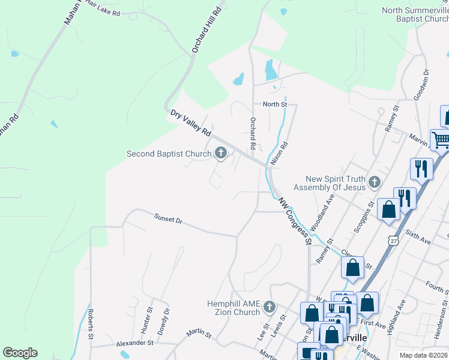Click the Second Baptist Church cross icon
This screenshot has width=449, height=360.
(221, 154)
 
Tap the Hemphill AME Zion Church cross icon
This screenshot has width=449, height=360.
(270, 307)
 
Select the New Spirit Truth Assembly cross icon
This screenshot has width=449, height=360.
(375, 182)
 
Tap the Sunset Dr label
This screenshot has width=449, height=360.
(167, 220)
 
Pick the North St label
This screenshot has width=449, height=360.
(276, 104)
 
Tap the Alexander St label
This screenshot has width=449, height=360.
(135, 343)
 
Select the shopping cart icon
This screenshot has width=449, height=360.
(441, 140)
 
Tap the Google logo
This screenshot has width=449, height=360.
(20, 353)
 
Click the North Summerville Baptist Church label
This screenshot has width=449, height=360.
(415, 14)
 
